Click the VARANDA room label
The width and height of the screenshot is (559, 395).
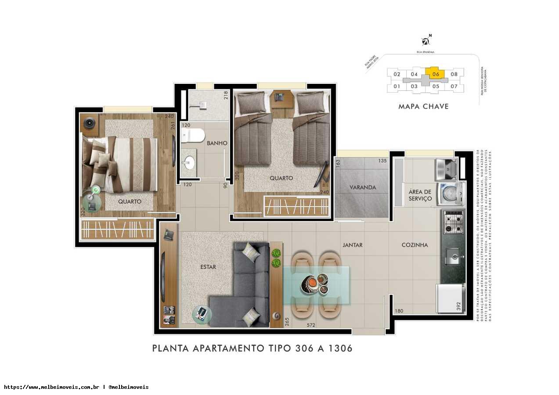(363, 187)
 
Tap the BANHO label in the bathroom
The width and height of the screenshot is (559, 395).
(217, 143)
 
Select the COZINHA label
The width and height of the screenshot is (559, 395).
(415, 245)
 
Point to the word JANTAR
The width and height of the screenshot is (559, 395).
(353, 245)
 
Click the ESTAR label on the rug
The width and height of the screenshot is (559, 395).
(208, 267)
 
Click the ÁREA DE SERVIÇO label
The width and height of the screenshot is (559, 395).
(420, 195)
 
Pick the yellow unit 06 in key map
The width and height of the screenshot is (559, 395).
(436, 74)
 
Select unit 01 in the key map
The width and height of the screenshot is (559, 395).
(397, 86)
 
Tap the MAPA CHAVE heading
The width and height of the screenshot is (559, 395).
(423, 106)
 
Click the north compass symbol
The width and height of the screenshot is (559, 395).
(426, 41)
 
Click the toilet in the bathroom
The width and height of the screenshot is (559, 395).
(191, 135)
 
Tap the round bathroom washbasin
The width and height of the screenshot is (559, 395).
(189, 162)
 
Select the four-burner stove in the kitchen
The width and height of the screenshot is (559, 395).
(453, 222)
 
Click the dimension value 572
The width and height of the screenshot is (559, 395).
(311, 325)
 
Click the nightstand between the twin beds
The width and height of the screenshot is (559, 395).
(281, 98)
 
